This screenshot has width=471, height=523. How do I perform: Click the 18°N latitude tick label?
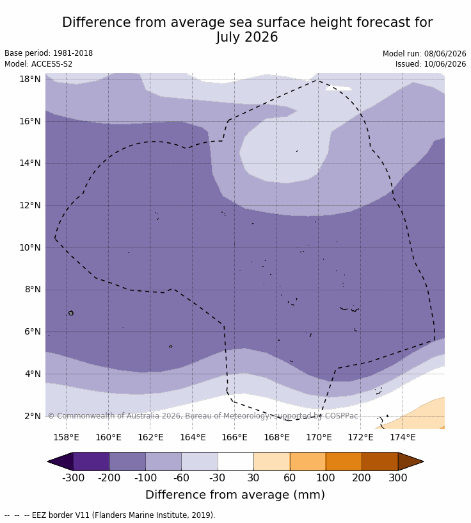pyautogui.click(x=30, y=79)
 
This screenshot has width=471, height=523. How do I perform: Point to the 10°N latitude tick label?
pyautogui.click(x=30, y=247)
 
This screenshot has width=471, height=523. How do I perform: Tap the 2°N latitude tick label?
pyautogui.click(x=33, y=416)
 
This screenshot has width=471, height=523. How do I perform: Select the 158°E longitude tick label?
pyautogui.click(x=67, y=437)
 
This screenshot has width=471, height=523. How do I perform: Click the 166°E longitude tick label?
pyautogui.click(x=234, y=437)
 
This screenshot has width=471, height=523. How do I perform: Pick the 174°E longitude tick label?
pyautogui.click(x=403, y=437)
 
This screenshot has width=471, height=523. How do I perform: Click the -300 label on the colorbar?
pyautogui.click(x=74, y=478)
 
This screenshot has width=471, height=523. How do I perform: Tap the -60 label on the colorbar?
pyautogui.click(x=181, y=478)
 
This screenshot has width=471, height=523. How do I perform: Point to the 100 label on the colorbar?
pyautogui.click(x=326, y=478)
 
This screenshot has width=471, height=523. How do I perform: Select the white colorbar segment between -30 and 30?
pyautogui.click(x=235, y=461)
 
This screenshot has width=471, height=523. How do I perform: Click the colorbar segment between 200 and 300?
pyautogui.click(x=379, y=461)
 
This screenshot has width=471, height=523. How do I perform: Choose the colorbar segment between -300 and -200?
pyautogui.click(x=92, y=461)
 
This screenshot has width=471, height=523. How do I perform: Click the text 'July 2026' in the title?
pyautogui.click(x=246, y=37)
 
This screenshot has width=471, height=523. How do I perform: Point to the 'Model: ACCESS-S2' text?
pyautogui.click(x=38, y=63)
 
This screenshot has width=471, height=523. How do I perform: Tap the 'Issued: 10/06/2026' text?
pyautogui.click(x=431, y=63)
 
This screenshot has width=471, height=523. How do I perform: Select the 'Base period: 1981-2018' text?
pyautogui.click(x=49, y=53)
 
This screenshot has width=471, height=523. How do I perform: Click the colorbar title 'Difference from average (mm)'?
pyautogui.click(x=235, y=495)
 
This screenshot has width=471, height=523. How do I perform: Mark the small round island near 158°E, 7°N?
pyautogui.click(x=71, y=313)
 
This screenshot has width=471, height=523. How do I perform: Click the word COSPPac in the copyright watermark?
pyautogui.click(x=342, y=416)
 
